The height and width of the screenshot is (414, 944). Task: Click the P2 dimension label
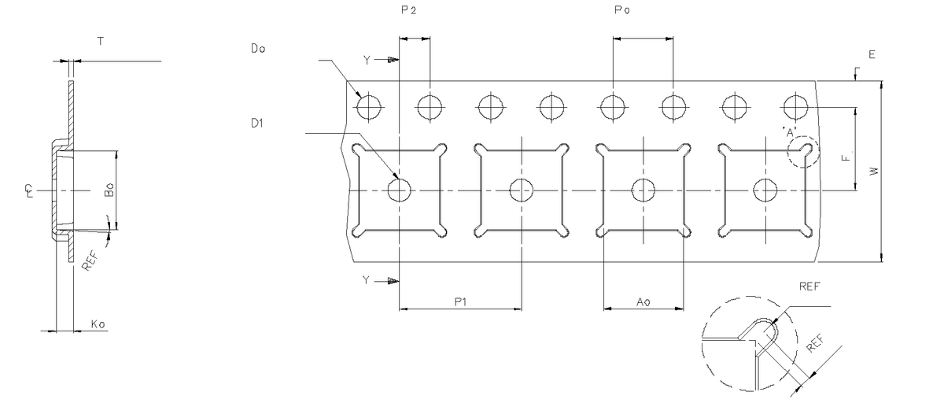(x=408, y=10)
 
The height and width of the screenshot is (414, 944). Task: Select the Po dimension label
(x=622, y=9)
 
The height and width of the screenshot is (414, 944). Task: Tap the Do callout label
(x=258, y=49)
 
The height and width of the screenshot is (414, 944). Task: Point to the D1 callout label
(x=257, y=123)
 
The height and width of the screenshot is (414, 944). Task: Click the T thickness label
(x=101, y=41)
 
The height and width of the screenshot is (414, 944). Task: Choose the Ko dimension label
(x=98, y=324)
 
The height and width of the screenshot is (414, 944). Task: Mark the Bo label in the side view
(x=109, y=190)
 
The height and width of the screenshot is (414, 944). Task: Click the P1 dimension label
(x=460, y=302)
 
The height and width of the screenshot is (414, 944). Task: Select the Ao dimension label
(x=643, y=302)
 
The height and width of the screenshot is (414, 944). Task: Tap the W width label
(x=875, y=171)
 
